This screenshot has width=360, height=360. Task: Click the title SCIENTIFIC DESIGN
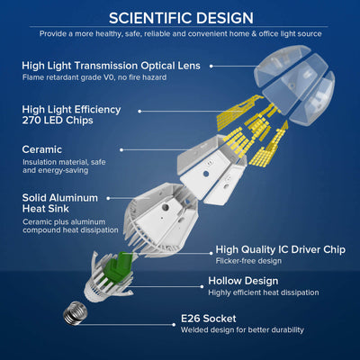[x=180, y=17]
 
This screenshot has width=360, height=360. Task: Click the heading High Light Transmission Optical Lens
[x=115, y=65]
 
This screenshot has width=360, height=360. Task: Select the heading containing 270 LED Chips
[x=71, y=115]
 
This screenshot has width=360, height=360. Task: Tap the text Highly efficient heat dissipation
[x=263, y=292]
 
